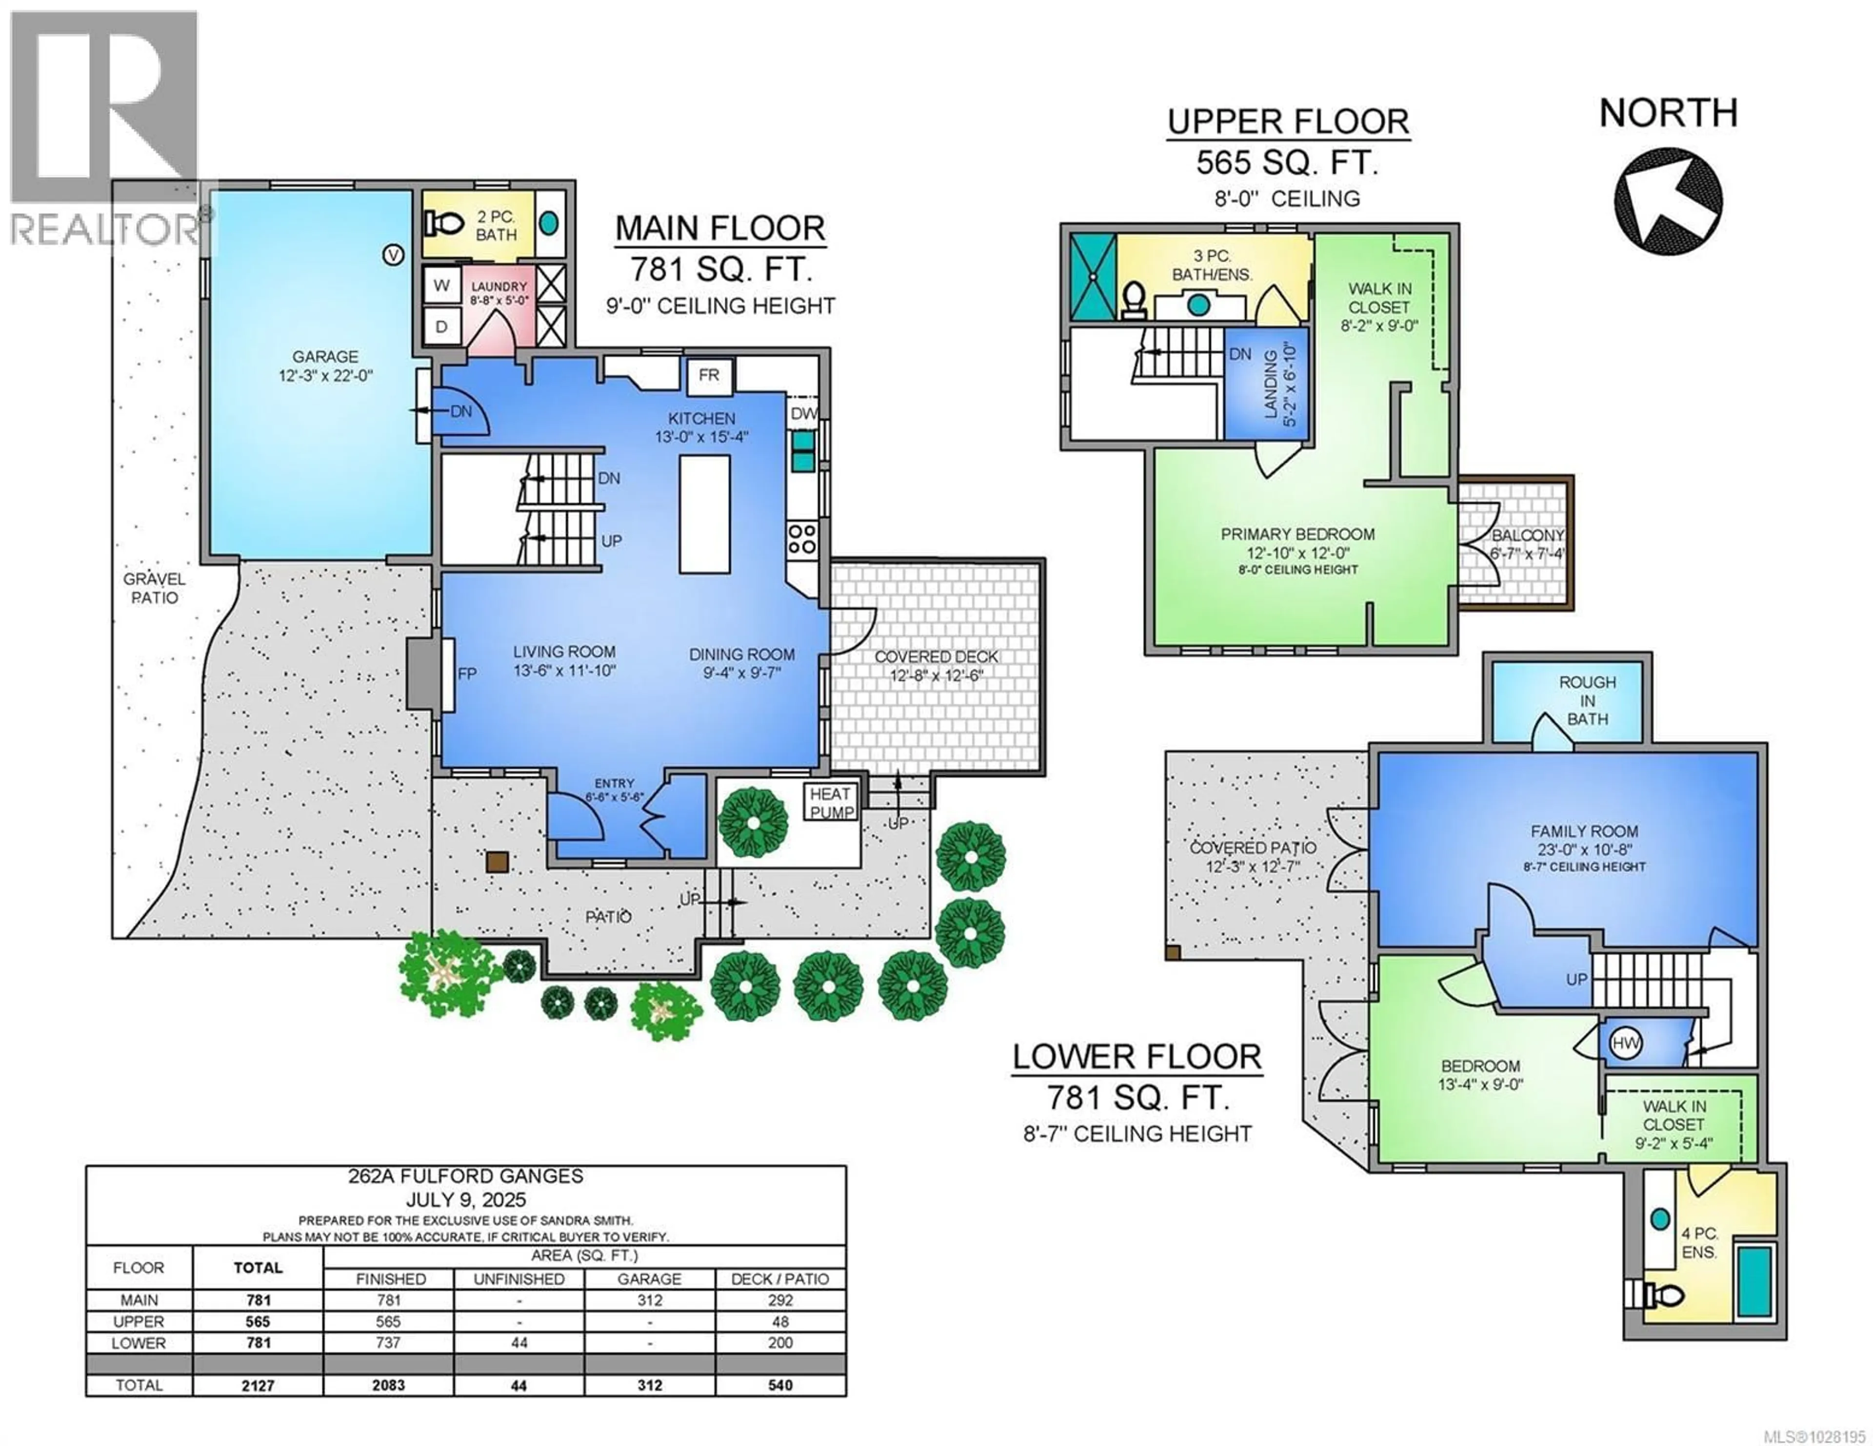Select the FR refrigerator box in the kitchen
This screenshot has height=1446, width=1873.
point(708,376)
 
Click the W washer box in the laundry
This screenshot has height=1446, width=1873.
point(441,286)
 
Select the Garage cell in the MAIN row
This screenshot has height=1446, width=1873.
point(649,1300)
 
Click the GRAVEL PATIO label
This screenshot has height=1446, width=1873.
point(154,588)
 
